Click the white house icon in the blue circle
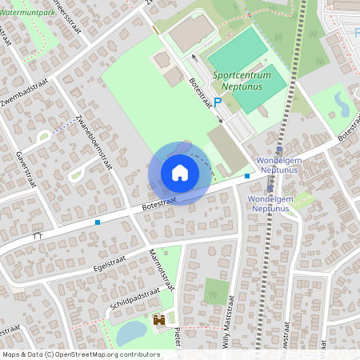[179, 173]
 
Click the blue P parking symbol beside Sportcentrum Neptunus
[217, 102]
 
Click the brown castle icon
[158, 321]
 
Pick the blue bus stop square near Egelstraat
[98, 222]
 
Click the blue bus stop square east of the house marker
[247, 175]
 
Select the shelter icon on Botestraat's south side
[38, 235]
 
